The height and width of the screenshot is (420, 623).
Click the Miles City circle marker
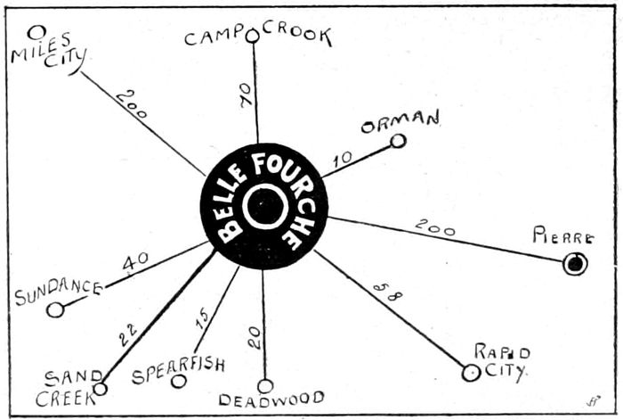(x=36, y=33)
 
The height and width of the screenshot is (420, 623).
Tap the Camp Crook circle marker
(x=252, y=36)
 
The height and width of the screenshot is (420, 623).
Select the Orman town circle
(x=398, y=140)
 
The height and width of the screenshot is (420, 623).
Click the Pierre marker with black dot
(x=575, y=263)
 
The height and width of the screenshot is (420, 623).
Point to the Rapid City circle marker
(x=471, y=373)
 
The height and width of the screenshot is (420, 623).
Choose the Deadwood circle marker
(x=265, y=386)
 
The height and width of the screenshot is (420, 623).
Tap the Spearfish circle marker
(x=178, y=381)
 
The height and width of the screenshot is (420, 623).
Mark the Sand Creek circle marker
(x=101, y=388)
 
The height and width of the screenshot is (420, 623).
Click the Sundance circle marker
(x=55, y=309)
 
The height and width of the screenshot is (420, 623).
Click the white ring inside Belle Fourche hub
(x=264, y=206)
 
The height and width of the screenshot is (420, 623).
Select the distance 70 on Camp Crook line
(x=247, y=95)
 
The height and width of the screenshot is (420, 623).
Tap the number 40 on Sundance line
(x=135, y=262)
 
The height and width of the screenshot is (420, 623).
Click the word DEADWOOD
(x=271, y=399)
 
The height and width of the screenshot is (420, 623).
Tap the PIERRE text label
(x=562, y=237)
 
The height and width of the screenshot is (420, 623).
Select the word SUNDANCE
(x=58, y=292)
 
